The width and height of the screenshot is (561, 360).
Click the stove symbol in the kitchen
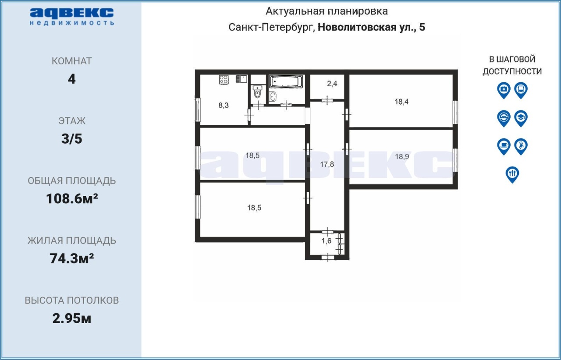click(x=224, y=80)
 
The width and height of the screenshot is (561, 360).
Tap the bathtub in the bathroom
click(x=285, y=81)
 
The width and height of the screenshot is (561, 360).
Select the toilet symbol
click(x=257, y=92)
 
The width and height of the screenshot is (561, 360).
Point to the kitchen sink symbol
click(x=241, y=79)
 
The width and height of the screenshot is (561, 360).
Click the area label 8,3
click(x=224, y=106)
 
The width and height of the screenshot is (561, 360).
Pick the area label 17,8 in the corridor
click(x=327, y=164)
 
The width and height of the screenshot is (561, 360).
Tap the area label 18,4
click(x=401, y=102)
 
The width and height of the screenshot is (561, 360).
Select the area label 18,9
click(x=402, y=157)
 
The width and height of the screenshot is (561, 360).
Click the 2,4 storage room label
click(x=332, y=84)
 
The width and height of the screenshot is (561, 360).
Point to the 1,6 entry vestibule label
click(x=327, y=241)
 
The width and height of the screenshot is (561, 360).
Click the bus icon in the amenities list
click(x=521, y=90)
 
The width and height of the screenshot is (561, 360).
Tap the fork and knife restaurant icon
click(x=512, y=175)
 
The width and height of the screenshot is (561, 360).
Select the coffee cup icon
click(x=504, y=147)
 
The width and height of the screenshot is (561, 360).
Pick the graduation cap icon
click(x=521, y=119)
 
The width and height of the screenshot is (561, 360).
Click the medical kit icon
click(x=504, y=90)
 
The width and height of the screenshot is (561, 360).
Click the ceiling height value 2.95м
click(x=71, y=318)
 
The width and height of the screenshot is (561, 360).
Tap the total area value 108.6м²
click(x=72, y=198)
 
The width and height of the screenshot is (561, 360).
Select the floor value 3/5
click(x=71, y=139)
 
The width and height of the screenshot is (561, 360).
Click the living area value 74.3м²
click(x=71, y=258)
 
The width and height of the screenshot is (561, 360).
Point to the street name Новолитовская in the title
click(x=356, y=27)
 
